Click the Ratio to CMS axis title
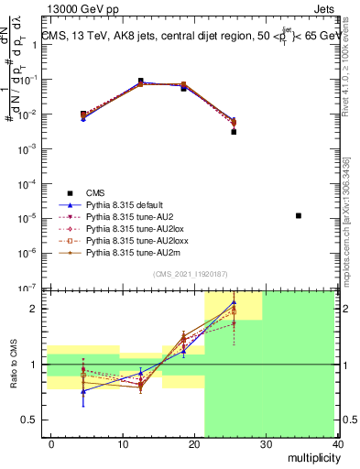12,364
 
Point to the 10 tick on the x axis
123,444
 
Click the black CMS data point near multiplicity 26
234,132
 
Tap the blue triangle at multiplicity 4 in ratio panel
84,391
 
